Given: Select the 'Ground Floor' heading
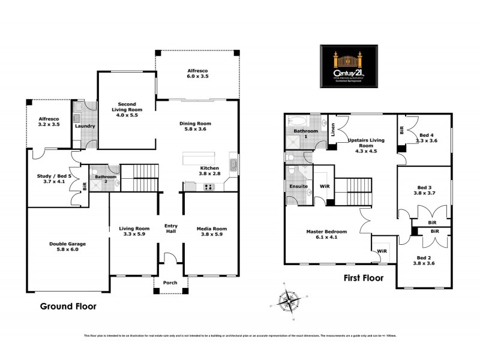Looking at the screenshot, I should click(x=68, y=306).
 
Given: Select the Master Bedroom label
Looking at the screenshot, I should click(x=327, y=235).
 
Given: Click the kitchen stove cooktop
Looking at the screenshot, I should click(x=209, y=187).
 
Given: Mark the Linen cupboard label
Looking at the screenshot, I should click(x=334, y=130).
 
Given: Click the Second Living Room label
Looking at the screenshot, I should click(x=126, y=109).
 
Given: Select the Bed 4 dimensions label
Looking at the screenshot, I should click(x=428, y=140).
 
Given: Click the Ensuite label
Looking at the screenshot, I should click(x=298, y=186).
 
